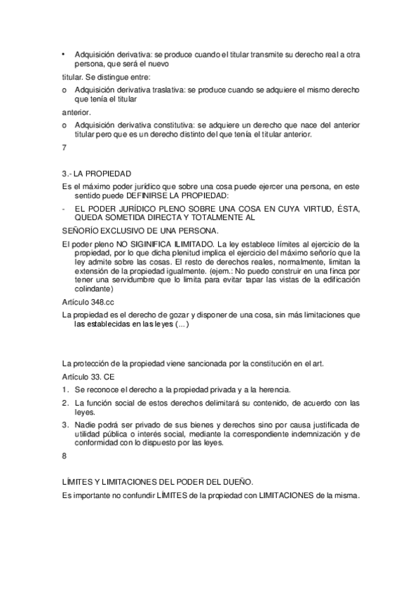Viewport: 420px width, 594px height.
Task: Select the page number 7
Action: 65,148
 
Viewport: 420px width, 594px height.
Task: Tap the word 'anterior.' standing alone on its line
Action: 76,111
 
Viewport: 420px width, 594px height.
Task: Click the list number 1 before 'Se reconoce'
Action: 65,389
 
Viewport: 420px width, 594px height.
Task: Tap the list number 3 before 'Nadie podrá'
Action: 65,424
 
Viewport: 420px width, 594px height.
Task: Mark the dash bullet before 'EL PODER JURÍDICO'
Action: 64,208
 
